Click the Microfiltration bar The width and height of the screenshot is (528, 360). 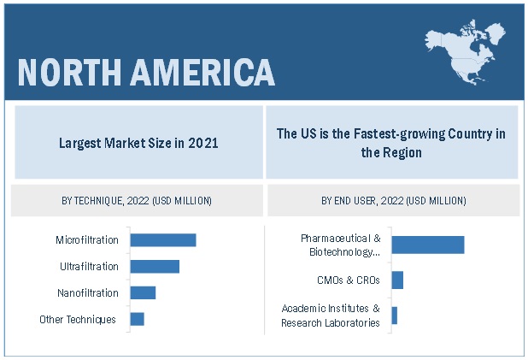tap(162, 240)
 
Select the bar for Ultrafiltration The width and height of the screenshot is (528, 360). tap(155, 267)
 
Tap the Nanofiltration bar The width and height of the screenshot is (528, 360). tap(143, 293)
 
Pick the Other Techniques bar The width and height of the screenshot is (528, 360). tap(137, 319)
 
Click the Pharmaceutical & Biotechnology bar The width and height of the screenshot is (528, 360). tap(427, 245)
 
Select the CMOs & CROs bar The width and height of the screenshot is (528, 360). tap(397, 280)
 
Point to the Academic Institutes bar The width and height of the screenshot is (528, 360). tap(394, 316)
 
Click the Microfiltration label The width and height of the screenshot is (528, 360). tap(87, 240)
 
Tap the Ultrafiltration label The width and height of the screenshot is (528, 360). tap(89, 267)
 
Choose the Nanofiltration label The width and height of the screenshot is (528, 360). tap(88, 293)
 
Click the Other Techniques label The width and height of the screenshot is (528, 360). tap(78, 320)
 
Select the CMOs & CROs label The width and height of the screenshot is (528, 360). tap(348, 280)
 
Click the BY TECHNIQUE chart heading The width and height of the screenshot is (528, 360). tap(137, 201)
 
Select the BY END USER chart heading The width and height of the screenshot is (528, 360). tap(393, 201)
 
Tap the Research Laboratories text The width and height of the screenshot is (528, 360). tap(331, 322)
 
